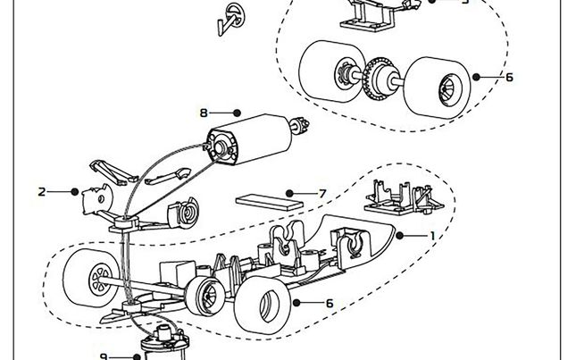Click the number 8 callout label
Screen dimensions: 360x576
coord(204,113)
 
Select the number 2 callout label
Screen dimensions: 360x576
coord(42,191)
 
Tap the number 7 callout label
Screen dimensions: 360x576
coord(322,193)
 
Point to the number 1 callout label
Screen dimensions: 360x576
coord(433,236)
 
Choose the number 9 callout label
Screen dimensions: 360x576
coord(104,356)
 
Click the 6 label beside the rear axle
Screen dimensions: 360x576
coord(509,78)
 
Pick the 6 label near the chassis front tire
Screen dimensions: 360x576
coord(329,304)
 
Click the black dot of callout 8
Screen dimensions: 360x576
coord(237,113)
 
